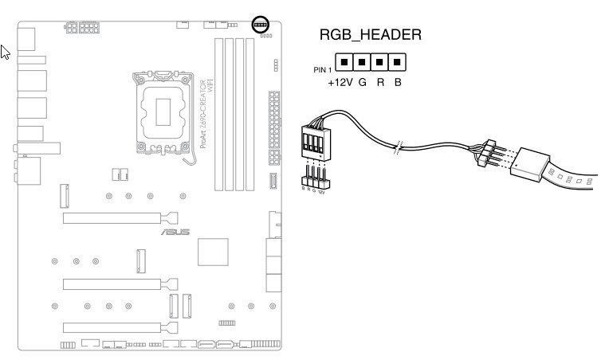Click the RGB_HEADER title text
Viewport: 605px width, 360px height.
point(369,36)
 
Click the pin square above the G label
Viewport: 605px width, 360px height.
point(361,61)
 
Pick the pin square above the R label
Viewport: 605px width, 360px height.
point(379,61)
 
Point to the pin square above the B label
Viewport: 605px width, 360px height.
point(397,61)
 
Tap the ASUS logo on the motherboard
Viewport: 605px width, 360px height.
point(175,233)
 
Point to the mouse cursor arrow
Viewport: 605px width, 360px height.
point(5,53)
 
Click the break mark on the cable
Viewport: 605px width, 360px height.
point(400,147)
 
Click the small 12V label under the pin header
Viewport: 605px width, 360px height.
point(322,192)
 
